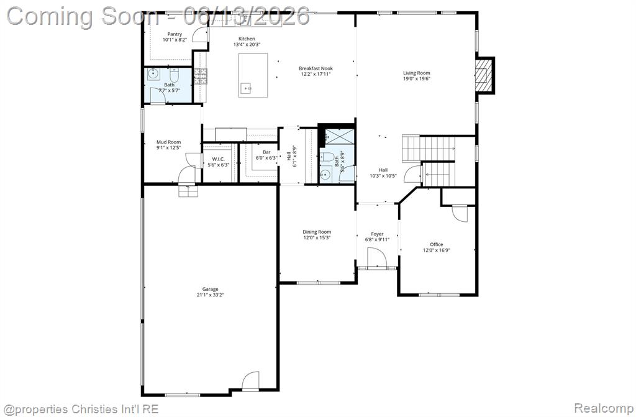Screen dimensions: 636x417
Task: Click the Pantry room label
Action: pos(175,34)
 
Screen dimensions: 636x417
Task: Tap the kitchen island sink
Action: pos(246,88)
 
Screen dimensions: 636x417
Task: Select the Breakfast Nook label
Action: pos(316,68)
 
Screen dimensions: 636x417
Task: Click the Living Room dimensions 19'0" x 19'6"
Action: pos(417,79)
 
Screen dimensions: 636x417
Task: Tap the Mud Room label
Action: pos(169,142)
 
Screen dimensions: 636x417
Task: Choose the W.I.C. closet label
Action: pos(218,159)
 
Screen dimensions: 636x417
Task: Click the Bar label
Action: pos(266,152)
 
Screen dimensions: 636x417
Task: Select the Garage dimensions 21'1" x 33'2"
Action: pos(210,295)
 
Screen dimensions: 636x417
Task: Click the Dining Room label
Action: pos(317,232)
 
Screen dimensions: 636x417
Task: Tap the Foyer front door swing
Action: pos(377,257)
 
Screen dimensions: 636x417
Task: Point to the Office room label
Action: pos(437,244)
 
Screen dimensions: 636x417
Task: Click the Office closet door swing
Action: pos(460,214)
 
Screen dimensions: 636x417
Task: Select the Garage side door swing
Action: pos(251,381)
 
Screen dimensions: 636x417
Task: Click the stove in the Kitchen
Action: pos(200,76)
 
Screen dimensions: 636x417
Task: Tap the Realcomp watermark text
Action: pos(604,408)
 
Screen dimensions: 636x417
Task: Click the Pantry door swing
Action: pos(200,34)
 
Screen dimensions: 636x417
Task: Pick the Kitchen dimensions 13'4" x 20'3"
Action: pos(247,45)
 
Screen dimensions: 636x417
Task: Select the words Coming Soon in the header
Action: pos(84,16)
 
